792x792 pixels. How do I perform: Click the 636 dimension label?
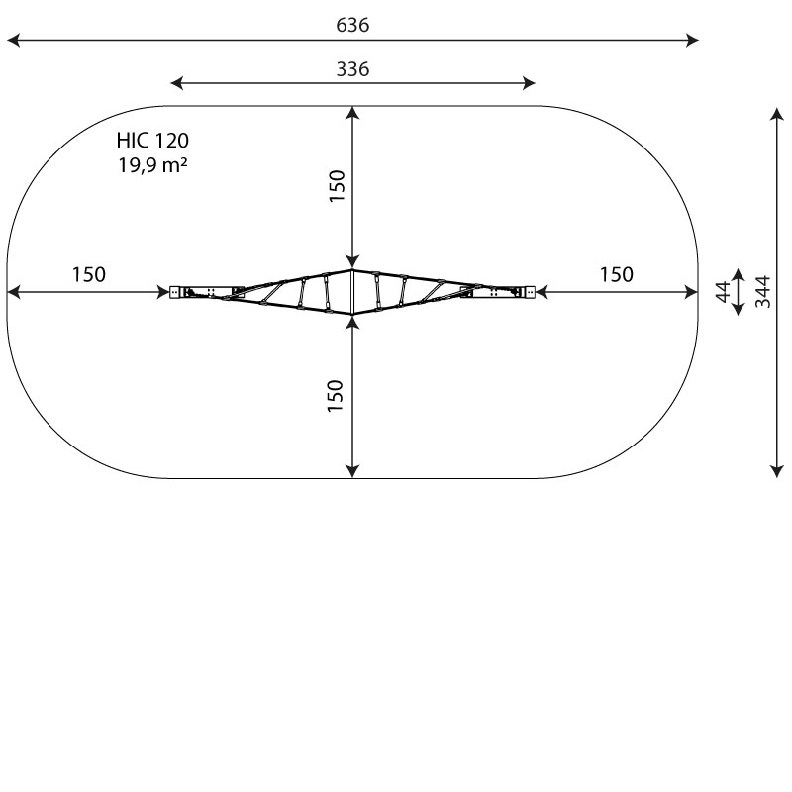(352, 25)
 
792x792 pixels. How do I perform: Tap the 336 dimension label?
(352, 69)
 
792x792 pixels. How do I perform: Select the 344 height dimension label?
(762, 291)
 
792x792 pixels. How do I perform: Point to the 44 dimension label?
(724, 292)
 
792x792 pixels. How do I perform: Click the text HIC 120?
(152, 141)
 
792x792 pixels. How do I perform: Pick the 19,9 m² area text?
(153, 164)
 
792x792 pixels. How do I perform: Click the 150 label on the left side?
(89, 275)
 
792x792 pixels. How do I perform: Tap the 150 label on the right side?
(616, 275)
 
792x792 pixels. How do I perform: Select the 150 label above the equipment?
(337, 186)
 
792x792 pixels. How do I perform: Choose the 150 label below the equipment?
(336, 395)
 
